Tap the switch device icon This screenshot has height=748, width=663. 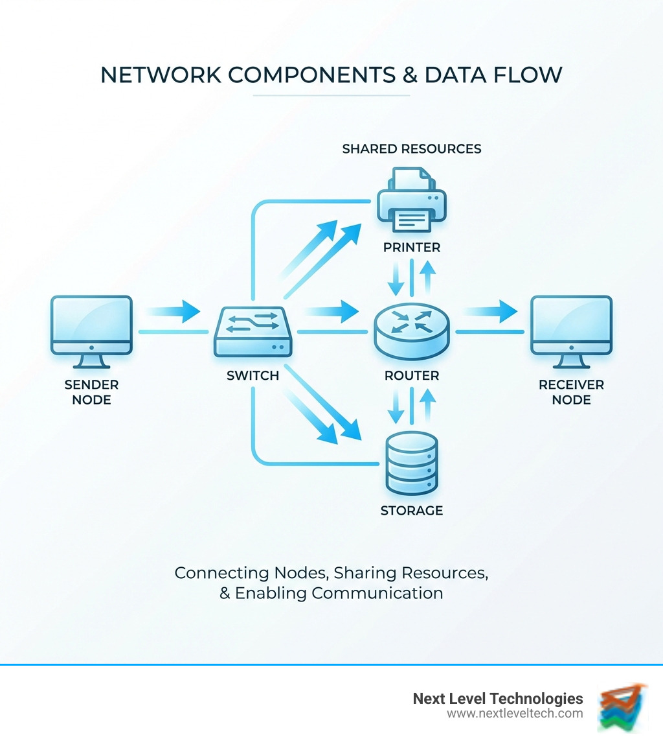[253, 331]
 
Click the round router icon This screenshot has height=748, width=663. [412, 331]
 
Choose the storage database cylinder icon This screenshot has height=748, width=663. [411, 463]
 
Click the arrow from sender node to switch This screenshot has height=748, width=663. [174, 311]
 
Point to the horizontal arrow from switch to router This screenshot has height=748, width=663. [330, 311]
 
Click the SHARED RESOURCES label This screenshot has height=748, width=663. [411, 149]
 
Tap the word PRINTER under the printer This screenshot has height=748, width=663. [411, 248]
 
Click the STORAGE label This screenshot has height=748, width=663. [411, 511]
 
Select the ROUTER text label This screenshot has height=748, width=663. [411, 376]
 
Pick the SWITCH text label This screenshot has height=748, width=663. [253, 376]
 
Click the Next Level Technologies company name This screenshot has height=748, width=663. [498, 699]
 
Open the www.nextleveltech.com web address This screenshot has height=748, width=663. [515, 714]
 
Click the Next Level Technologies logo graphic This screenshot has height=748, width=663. [622, 707]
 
